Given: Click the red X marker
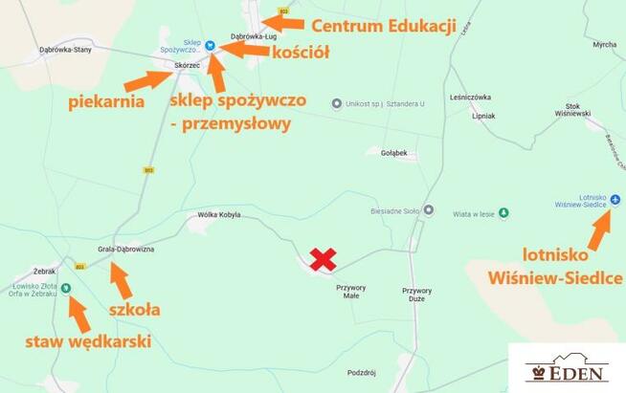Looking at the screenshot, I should click(324, 259).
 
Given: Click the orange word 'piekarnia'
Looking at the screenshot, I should click(106, 100).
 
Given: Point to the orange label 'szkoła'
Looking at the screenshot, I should click(133, 309).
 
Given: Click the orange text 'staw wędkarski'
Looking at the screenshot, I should click(87, 341).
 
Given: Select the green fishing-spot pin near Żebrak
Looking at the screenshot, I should click(66, 288).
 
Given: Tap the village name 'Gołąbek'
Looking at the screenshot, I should click(393, 152).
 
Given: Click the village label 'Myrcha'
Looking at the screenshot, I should click(604, 44).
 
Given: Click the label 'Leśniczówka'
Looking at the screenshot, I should click(469, 97).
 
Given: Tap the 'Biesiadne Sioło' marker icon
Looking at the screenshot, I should click(429, 210).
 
